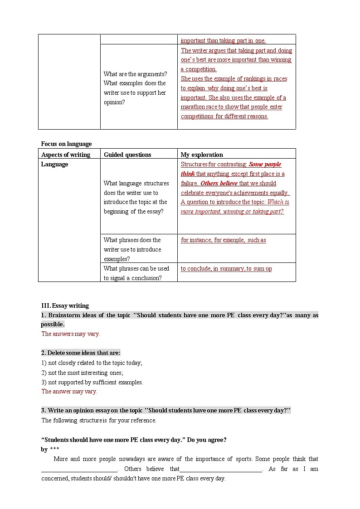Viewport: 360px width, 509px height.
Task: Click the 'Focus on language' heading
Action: (66, 144)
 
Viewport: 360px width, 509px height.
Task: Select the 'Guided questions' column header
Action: (127, 155)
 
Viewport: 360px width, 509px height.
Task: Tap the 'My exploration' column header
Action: (202, 155)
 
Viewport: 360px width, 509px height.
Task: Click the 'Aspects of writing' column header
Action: (66, 155)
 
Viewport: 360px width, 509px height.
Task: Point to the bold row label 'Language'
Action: (55, 164)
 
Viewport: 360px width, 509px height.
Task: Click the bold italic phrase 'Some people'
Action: (265, 164)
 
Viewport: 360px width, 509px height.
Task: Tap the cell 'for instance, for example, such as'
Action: (223, 240)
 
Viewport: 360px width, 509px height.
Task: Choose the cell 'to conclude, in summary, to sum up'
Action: (226, 268)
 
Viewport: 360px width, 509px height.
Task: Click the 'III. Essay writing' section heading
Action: (65, 305)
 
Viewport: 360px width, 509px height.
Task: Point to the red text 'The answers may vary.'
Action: (71, 334)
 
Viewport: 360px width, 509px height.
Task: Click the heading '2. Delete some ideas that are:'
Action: (81, 353)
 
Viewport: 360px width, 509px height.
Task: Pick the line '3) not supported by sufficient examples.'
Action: (92, 382)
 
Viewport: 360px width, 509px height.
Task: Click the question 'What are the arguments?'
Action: (135, 74)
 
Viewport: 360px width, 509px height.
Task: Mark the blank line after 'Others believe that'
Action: (221, 469)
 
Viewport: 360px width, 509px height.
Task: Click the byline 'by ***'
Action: (50, 449)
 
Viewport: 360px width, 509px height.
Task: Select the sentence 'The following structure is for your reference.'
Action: (99, 420)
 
